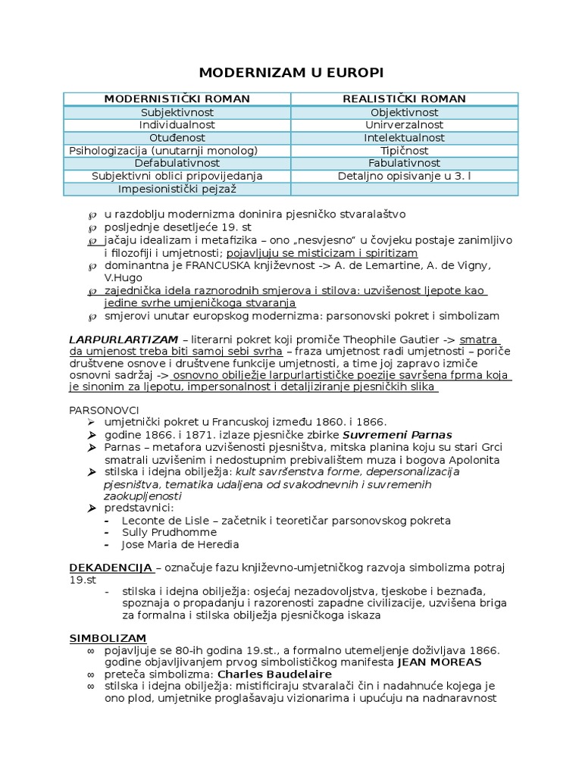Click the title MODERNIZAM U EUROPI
pyautogui.click(x=291, y=73)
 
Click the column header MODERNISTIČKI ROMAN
pyautogui.click(x=177, y=99)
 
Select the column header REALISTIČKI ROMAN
pyautogui.click(x=404, y=99)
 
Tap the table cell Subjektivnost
pyautogui.click(x=177, y=112)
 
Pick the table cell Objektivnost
pyautogui.click(x=404, y=112)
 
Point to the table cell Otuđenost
pyautogui.click(x=177, y=138)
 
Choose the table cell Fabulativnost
pyautogui.click(x=404, y=163)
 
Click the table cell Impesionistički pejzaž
pyautogui.click(x=177, y=189)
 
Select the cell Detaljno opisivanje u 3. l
pyautogui.click(x=404, y=176)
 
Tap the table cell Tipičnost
pyautogui.click(x=404, y=151)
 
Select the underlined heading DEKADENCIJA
pyautogui.click(x=111, y=568)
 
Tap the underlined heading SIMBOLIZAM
pyautogui.click(x=108, y=638)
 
